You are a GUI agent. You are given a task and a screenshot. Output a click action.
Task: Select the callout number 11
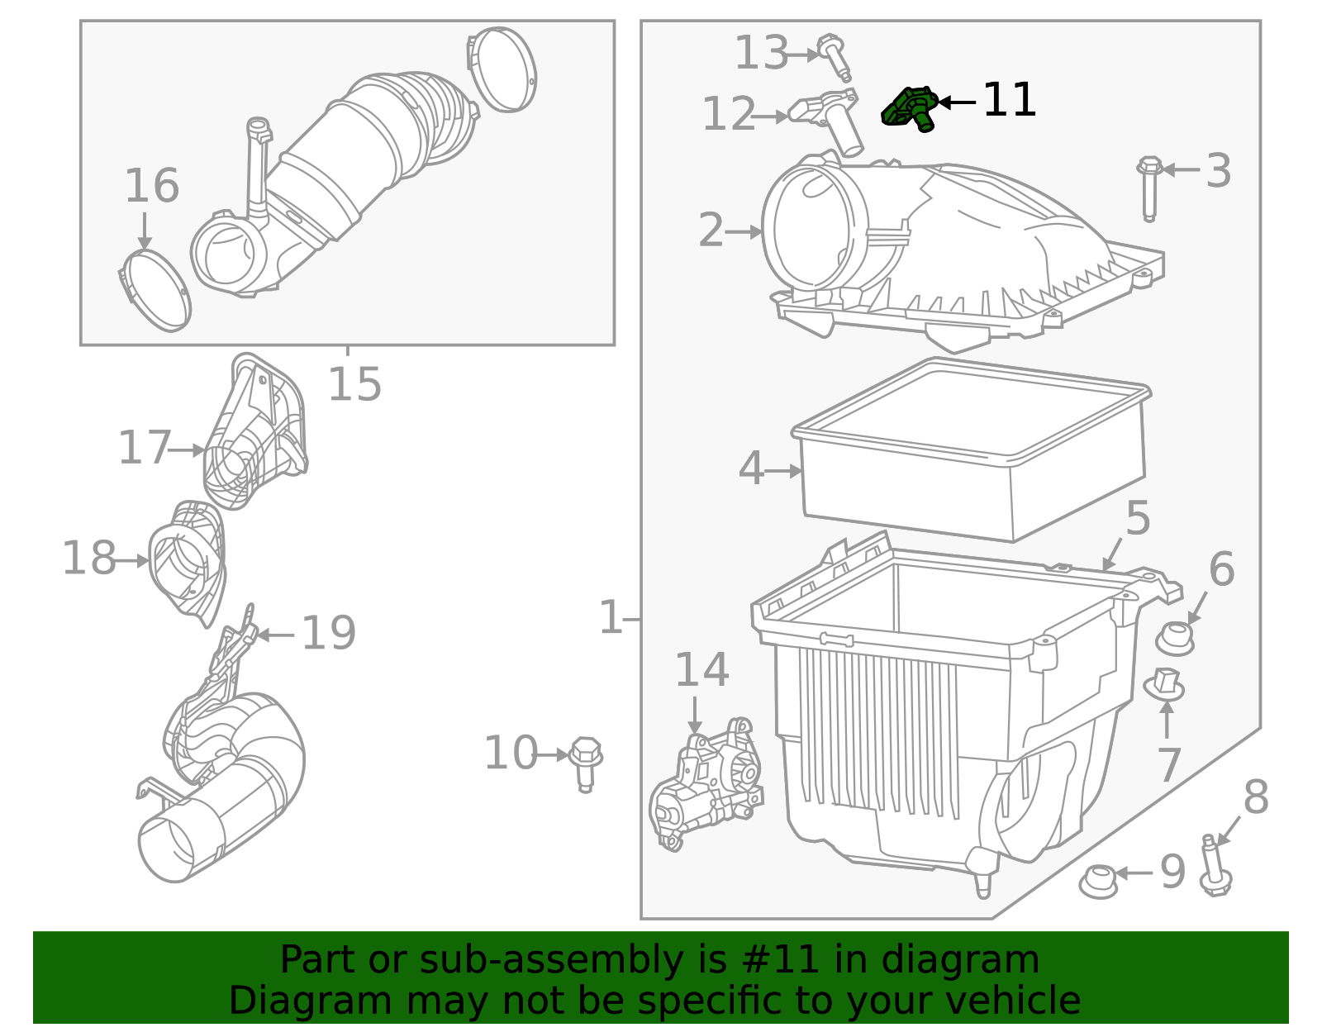(x=1009, y=100)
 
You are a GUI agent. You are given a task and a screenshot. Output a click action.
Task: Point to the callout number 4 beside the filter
(x=750, y=469)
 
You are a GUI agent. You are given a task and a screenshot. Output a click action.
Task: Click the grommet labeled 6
(x=1174, y=639)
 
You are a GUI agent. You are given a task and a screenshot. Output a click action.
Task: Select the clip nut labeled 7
(x=1164, y=684)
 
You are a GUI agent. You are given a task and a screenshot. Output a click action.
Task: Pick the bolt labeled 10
(x=585, y=762)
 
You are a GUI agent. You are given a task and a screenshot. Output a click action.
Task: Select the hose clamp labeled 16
(x=155, y=290)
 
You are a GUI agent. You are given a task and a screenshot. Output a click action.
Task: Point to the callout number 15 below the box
(x=354, y=384)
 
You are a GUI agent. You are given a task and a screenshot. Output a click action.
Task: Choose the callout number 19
(x=328, y=634)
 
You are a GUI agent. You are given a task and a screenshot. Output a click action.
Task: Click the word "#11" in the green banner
(x=780, y=960)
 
